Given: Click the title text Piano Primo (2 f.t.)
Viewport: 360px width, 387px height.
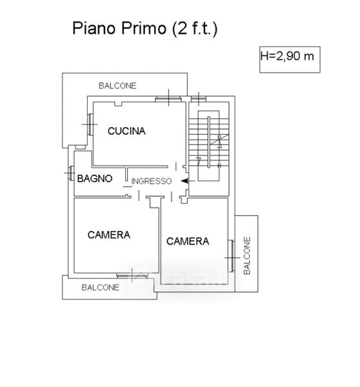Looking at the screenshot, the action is click(145, 29).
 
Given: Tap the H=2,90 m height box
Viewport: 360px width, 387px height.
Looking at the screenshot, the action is click(290, 60).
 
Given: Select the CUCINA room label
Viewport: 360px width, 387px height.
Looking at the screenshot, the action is click(126, 131).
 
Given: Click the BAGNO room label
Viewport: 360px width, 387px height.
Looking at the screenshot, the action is click(95, 179).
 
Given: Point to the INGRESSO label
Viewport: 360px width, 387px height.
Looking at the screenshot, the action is click(152, 181).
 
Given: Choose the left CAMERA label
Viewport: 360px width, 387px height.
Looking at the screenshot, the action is click(109, 235).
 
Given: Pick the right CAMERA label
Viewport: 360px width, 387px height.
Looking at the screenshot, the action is click(188, 241).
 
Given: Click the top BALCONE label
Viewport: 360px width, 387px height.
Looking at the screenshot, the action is click(117, 86).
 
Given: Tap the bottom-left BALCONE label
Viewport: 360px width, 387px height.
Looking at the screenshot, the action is click(100, 288).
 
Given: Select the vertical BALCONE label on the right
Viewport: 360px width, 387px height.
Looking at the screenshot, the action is click(247, 255).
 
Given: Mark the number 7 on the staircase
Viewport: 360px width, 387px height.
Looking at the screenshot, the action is click(199, 161).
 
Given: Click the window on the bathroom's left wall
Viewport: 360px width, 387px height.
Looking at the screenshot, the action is click(72, 174).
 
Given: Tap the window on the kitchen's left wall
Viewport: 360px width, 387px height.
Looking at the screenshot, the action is click(90, 124).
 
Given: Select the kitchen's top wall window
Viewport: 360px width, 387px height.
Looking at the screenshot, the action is click(168, 99).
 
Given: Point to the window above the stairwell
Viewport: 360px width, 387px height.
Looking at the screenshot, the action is click(199, 99).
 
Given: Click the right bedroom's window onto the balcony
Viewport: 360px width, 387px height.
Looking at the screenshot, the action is click(232, 256).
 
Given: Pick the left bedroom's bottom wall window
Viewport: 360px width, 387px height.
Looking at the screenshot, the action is click(132, 275).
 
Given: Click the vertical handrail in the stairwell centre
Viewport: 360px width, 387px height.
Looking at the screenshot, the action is click(209, 142).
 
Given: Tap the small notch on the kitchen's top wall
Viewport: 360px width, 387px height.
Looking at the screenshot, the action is click(118, 104).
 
